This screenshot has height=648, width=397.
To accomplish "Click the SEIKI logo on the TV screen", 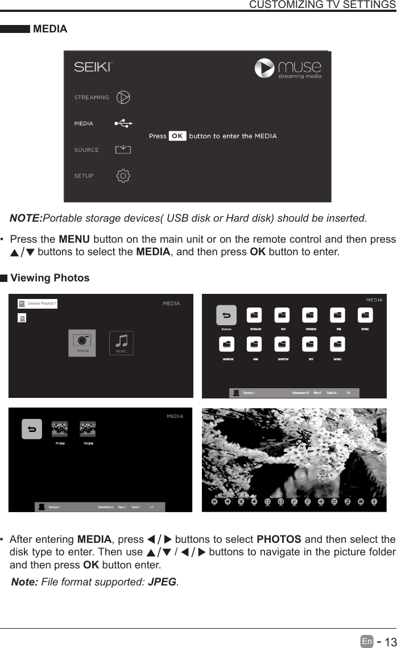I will pos(94,67).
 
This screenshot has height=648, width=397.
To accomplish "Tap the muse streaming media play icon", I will pos(264,68).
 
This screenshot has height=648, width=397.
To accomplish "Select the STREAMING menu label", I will pos(92,97).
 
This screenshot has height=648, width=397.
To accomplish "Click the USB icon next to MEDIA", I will pos(123,123).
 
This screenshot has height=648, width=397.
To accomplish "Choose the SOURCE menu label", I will pos(86,150).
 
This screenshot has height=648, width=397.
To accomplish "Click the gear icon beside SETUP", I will pos(123,176).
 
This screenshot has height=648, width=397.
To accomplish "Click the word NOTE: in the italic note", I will pos(26,219).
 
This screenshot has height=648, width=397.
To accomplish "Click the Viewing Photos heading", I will pos(50,278).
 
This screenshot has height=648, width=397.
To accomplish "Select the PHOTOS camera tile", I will pos(82,343).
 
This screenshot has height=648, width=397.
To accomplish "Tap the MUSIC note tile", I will pos(121,343).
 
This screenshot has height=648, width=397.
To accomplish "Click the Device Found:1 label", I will pos(42,304).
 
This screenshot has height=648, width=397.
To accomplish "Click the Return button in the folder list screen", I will pos(226,316).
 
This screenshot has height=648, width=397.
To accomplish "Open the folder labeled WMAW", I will pos(254,316).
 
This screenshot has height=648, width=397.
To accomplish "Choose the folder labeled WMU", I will pos(338,346).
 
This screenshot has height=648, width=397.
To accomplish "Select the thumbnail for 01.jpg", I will pos(60,429).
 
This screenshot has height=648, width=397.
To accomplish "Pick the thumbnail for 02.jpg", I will pos(88,429).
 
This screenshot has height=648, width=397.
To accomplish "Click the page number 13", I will pos(389,642).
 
